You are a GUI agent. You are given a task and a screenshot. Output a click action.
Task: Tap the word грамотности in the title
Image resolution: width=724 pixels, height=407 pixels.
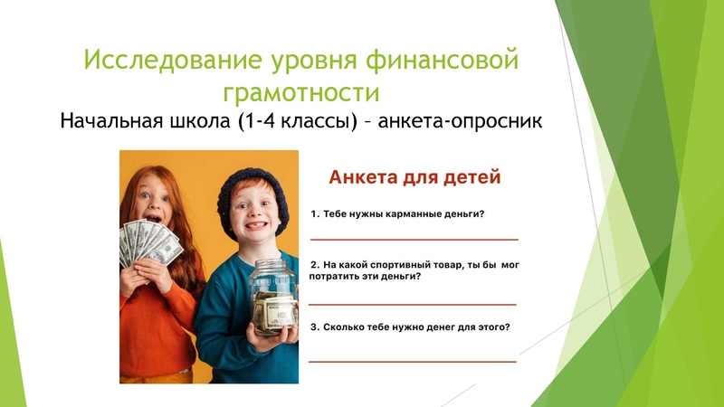(x=300, y=91)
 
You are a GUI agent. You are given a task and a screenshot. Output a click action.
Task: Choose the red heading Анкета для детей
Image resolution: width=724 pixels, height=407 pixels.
(x=414, y=177)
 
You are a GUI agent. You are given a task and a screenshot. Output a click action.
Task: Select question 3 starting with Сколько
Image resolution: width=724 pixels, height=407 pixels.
(x=409, y=327)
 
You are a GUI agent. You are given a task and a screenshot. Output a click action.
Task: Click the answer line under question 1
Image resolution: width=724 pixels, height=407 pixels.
(x=414, y=240)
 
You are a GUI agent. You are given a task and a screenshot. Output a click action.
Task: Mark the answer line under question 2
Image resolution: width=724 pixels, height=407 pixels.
(x=414, y=305)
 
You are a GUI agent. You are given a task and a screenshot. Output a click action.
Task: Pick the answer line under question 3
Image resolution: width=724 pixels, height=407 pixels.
(x=414, y=362)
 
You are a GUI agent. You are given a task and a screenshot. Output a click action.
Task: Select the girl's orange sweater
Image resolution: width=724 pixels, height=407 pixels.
(x=158, y=326)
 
